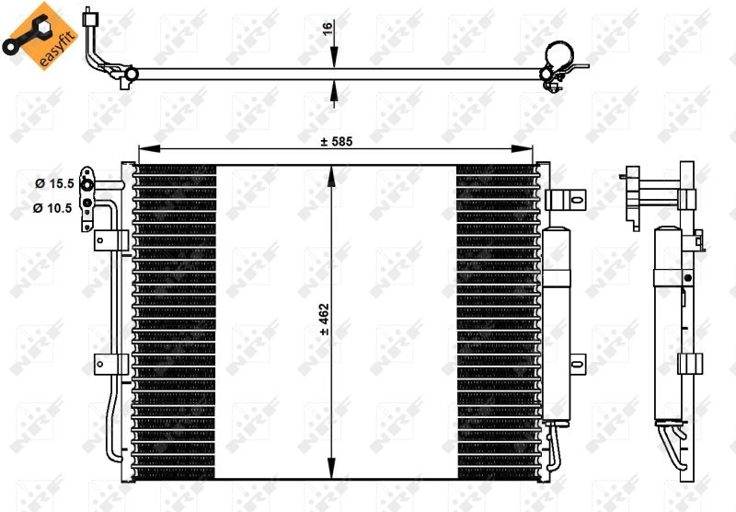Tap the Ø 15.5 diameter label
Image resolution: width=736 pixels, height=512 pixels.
53,183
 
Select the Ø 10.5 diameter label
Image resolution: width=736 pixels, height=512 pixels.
53,208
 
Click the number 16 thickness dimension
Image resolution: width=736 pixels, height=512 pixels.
327,29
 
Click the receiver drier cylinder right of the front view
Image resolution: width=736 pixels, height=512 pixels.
558,322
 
